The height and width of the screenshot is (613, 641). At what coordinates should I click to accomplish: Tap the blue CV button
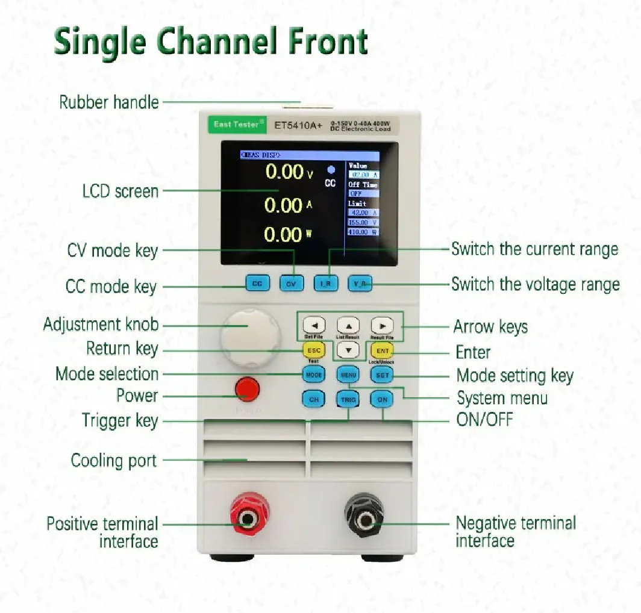[292, 283]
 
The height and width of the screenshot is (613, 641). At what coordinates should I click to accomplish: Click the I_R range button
[326, 283]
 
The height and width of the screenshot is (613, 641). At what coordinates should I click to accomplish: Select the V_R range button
[360, 283]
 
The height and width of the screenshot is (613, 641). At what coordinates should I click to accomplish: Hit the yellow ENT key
[381, 350]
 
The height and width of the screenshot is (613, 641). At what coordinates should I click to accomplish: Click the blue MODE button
[313, 375]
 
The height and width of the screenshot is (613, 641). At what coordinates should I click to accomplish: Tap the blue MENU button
[348, 375]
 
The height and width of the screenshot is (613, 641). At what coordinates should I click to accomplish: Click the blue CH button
[313, 399]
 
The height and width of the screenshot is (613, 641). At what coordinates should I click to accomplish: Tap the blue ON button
[382, 399]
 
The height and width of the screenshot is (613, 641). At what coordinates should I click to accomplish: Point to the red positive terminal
[248, 517]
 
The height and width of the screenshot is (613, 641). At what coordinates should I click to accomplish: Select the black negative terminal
[364, 517]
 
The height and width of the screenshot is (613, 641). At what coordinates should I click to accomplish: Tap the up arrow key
[348, 326]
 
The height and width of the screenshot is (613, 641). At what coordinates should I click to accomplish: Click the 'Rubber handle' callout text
[109, 102]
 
